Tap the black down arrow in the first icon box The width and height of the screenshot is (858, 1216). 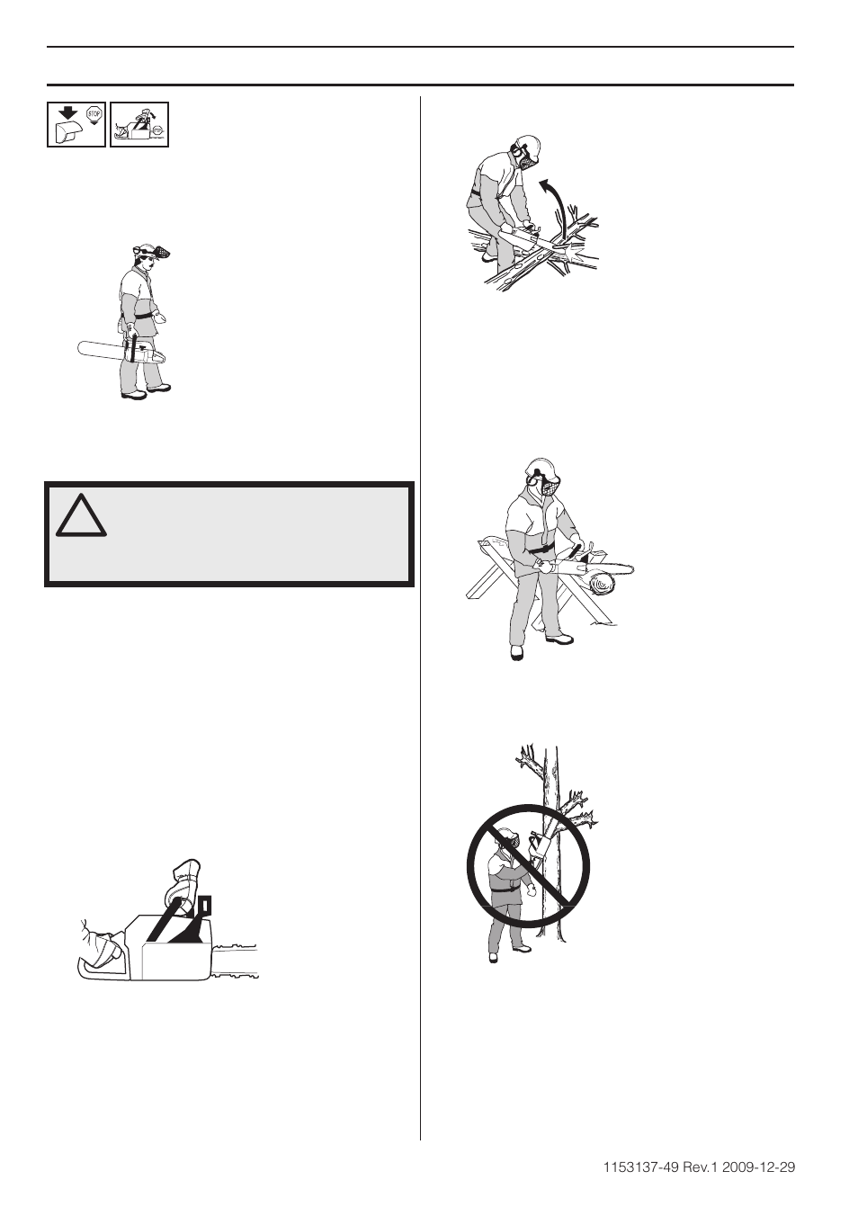click(67, 113)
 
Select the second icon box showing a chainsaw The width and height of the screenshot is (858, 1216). click(139, 125)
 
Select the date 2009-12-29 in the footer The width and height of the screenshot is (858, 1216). click(764, 1168)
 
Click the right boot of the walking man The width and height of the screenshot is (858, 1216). click(158, 388)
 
